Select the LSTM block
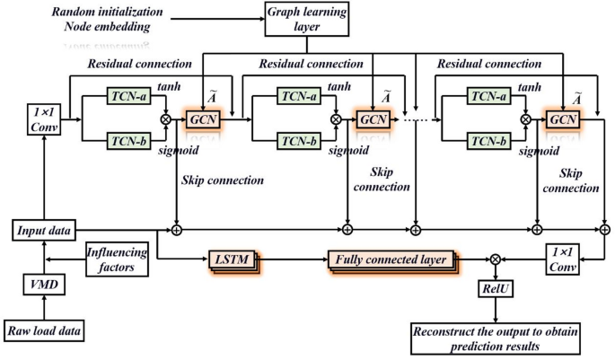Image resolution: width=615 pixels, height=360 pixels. point(233,259)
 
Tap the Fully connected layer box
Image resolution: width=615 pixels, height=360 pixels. point(392,259)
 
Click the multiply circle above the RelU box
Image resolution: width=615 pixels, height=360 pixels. point(495,259)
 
